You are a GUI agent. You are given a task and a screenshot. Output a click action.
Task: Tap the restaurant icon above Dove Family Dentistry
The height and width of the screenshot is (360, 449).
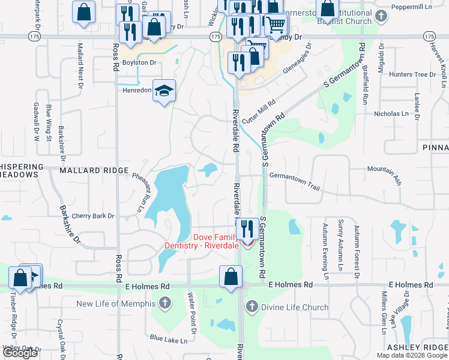246,228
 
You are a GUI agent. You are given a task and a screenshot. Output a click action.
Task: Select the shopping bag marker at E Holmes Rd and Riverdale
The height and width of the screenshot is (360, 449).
231,277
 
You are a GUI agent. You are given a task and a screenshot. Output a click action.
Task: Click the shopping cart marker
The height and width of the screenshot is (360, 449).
276,25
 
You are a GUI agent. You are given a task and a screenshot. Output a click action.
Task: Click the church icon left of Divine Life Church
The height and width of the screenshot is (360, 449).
252,307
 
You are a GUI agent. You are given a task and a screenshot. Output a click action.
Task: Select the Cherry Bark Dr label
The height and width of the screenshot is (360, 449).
93,216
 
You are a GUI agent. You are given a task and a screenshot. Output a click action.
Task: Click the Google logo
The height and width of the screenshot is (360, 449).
20,353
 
